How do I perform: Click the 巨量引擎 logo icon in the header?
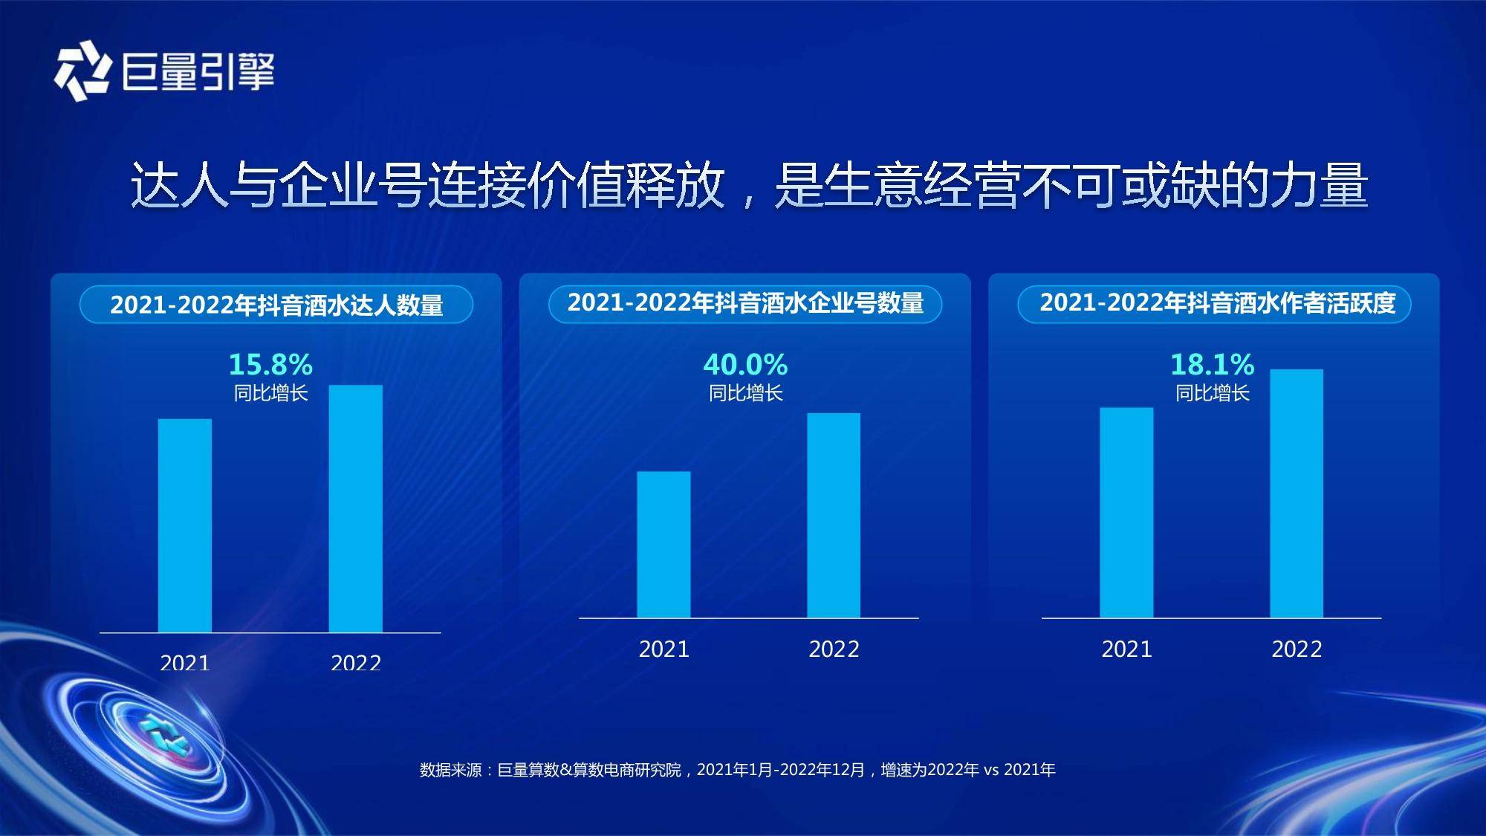tap(82, 72)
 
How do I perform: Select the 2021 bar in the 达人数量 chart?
tap(185, 525)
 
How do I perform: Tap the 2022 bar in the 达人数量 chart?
tap(356, 508)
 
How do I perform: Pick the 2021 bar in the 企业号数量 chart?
tap(663, 544)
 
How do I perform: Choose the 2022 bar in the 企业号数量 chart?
tap(834, 515)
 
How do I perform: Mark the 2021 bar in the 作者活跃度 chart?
tap(1126, 512)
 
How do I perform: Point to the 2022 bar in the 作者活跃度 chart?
tap(1297, 493)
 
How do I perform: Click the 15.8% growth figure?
tap(270, 364)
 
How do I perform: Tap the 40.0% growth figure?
tap(745, 364)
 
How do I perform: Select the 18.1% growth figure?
tap(1212, 364)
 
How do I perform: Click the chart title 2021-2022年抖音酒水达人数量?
tap(276, 305)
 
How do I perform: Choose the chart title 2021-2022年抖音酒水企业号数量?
tap(745, 303)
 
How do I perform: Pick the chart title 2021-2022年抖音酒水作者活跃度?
tap(1218, 303)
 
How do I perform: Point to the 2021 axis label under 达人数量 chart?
tap(185, 662)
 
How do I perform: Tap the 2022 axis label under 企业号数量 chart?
tap(834, 649)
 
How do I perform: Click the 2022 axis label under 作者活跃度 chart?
tap(1297, 649)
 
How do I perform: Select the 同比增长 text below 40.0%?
tap(745, 393)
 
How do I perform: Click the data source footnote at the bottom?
tap(737, 770)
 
